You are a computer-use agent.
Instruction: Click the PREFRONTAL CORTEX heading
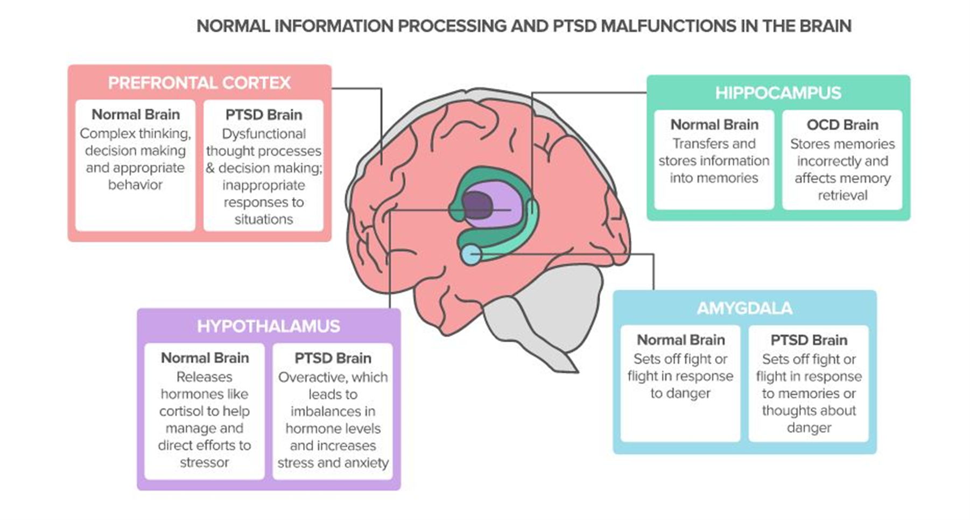point(199,83)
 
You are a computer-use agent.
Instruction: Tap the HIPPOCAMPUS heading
point(778,93)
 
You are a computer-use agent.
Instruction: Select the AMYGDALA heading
point(744,308)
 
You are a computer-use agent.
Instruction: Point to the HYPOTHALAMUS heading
point(268,326)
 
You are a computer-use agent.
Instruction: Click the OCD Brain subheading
point(842,125)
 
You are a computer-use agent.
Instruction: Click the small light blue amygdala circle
point(471,254)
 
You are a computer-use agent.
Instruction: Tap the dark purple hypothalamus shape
point(476,206)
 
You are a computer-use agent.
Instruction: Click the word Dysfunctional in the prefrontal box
point(264,134)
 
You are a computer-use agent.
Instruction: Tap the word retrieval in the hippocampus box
point(842,195)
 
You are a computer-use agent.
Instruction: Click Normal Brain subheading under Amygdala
point(680,340)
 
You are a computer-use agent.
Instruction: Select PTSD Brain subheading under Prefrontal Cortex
point(263,115)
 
